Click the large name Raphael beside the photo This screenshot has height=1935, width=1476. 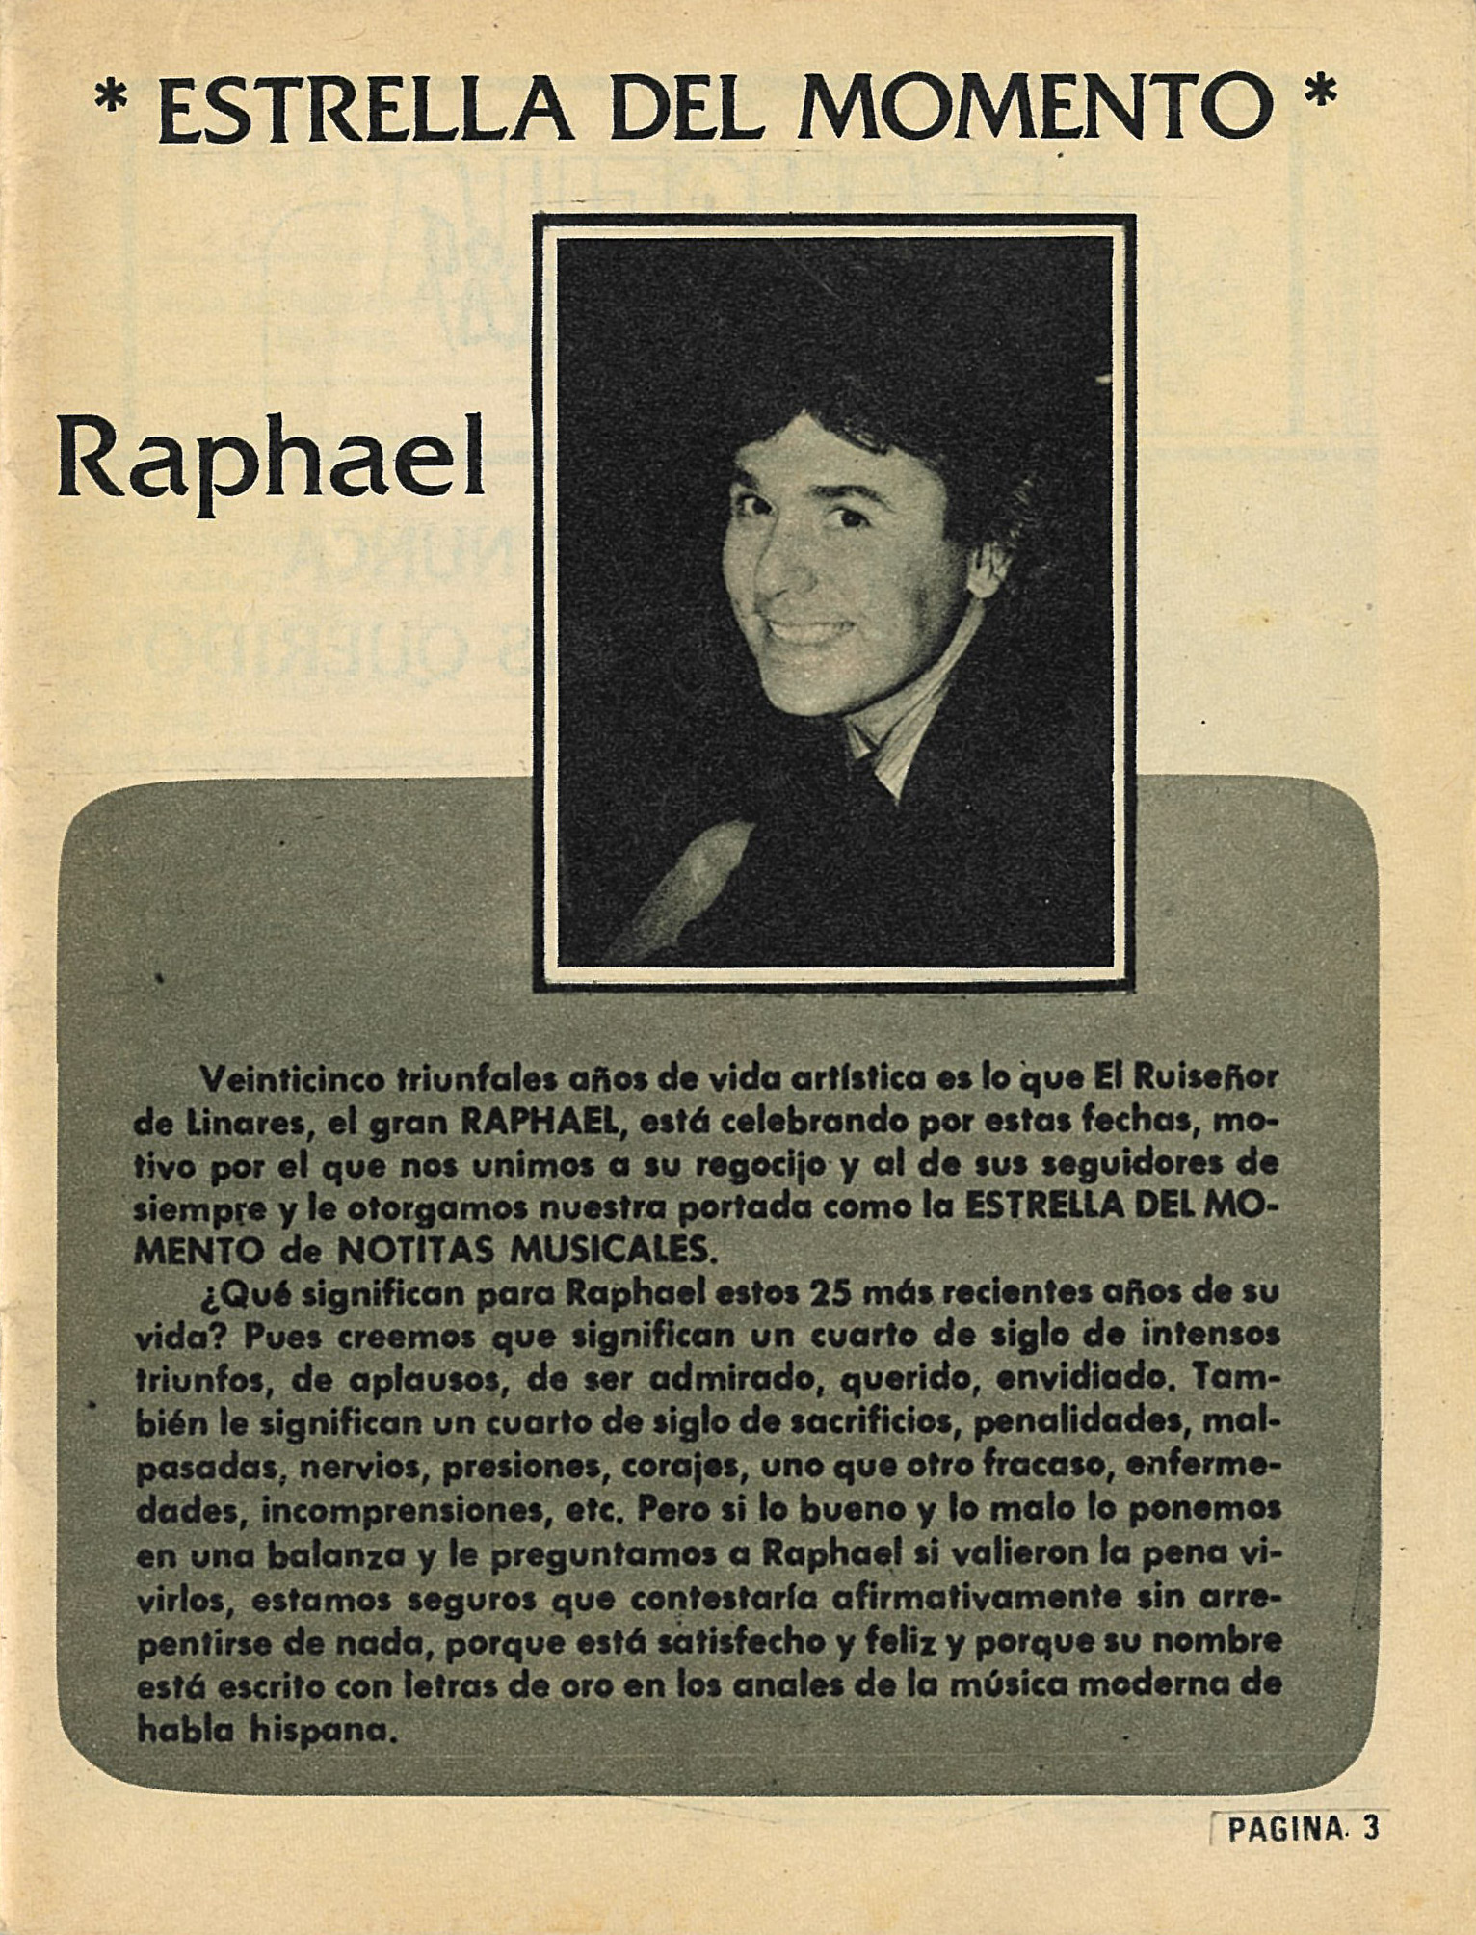[x=271, y=461]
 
